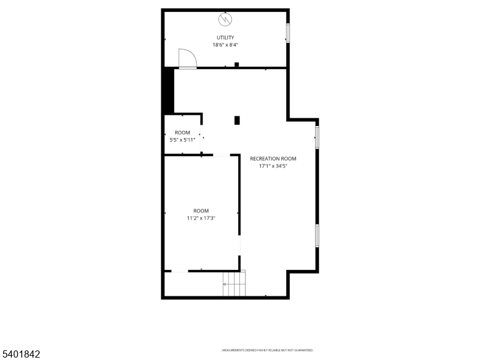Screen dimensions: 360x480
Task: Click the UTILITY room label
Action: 226,38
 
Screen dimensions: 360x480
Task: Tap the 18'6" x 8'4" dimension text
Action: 226,45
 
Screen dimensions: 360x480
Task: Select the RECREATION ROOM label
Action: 273,159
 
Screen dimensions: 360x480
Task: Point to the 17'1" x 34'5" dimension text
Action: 273,166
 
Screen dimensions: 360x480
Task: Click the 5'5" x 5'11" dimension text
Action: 182,140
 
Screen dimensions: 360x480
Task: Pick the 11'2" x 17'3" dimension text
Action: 201,218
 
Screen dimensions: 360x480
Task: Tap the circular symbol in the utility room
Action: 226,20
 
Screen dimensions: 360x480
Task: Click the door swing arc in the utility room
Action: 187,58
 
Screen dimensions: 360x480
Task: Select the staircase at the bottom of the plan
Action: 235,283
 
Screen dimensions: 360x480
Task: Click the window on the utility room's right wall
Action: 287,33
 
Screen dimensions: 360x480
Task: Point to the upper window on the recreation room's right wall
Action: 317,136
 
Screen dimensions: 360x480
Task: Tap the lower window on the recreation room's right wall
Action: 317,235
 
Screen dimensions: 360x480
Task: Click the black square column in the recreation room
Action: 237,121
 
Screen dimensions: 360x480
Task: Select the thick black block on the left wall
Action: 169,91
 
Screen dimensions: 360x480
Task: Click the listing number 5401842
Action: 21,355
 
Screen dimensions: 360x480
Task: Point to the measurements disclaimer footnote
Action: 268,350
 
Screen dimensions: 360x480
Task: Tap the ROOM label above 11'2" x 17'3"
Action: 201,211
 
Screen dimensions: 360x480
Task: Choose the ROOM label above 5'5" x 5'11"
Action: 182,133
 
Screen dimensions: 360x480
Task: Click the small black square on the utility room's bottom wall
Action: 237,65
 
